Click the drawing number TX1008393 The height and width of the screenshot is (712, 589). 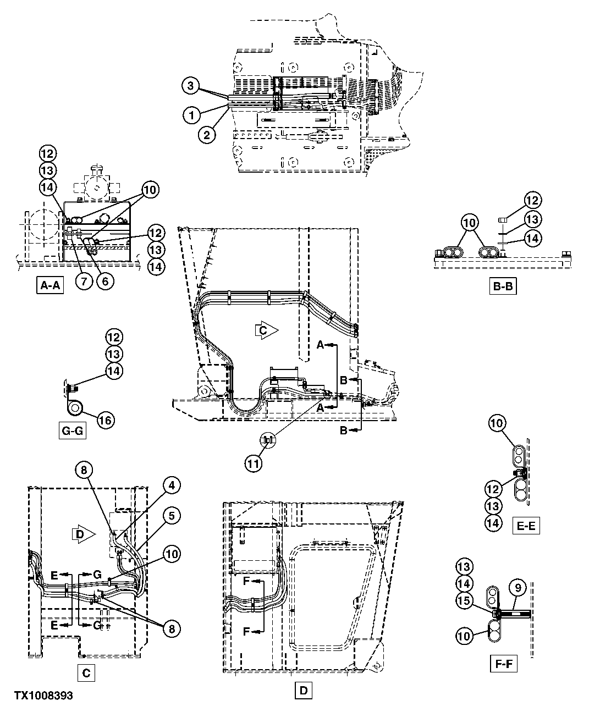click(40, 696)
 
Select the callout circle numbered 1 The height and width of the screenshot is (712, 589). click(191, 115)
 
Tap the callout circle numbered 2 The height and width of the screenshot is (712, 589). click(207, 135)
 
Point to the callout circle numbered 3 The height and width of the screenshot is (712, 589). click(191, 86)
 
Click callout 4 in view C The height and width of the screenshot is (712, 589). click(172, 485)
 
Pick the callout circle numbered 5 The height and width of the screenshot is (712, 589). click(172, 516)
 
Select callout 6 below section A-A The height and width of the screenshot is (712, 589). click(105, 280)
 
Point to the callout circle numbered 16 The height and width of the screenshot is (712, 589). click(106, 421)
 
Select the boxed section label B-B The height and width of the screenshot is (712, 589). click(503, 286)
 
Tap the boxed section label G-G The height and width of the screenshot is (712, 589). click(73, 430)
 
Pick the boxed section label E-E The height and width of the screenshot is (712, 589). click(525, 526)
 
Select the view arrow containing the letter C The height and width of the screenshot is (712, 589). click(266, 330)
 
